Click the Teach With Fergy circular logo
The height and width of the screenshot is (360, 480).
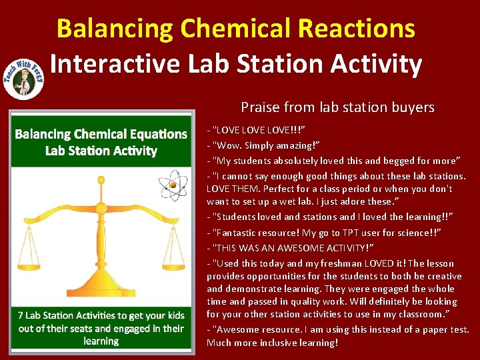point(24,77)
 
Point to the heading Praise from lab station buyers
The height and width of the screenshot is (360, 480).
point(337,107)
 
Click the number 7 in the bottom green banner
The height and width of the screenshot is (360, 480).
point(22,315)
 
